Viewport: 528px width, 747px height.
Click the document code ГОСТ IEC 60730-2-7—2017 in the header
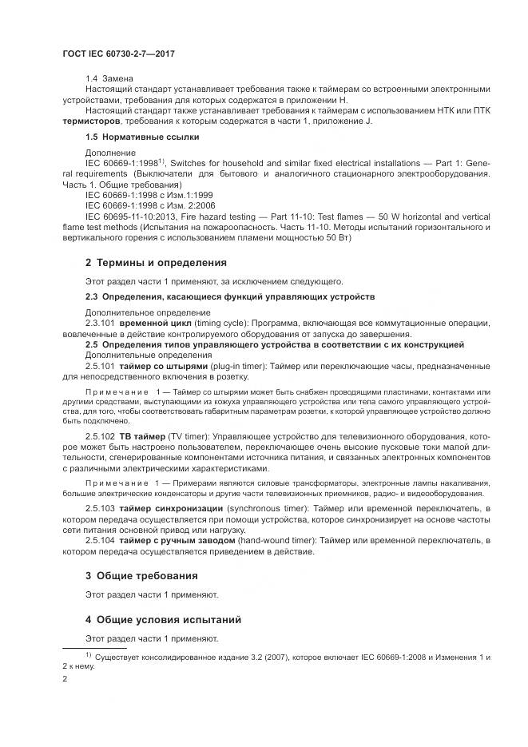117,54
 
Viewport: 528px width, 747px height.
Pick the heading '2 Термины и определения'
156,262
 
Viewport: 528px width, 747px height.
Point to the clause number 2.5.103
99,508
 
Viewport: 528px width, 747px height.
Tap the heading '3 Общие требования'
142,576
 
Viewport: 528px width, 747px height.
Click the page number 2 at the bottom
65,678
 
